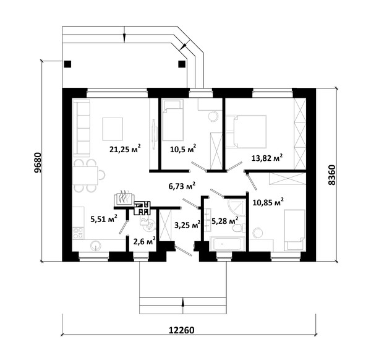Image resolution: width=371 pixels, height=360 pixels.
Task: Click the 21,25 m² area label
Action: [125, 149]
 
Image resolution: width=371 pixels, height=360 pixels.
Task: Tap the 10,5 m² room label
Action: [183, 149]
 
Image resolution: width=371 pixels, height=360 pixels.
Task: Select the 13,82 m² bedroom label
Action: [267, 158]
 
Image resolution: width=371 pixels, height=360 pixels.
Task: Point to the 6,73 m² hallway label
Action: [182, 186]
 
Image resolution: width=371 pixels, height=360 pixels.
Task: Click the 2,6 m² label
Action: [144, 241]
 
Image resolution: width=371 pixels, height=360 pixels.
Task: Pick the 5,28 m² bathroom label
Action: [225, 221]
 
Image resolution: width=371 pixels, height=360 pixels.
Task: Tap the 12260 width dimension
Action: [181, 330]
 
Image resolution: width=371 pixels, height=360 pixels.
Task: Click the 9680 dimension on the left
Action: [37, 162]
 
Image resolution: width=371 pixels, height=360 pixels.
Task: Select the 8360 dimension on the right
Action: [332, 175]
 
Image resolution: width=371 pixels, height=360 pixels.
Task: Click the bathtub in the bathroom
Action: [227, 244]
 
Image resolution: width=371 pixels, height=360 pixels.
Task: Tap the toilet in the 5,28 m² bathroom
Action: [238, 228]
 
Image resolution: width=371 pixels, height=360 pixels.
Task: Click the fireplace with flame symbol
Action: [124, 198]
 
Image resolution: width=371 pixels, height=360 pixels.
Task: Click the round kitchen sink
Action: [96, 246]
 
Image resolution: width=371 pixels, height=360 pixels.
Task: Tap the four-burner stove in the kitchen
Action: [79, 233]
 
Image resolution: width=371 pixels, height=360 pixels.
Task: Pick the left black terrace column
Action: [67, 64]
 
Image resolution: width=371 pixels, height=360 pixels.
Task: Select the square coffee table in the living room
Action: [113, 129]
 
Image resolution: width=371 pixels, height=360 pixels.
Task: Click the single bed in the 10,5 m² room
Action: [173, 120]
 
